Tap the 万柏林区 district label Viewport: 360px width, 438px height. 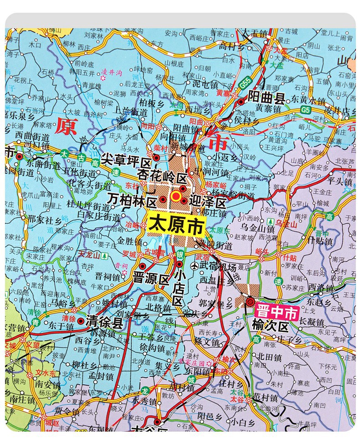point(132,198)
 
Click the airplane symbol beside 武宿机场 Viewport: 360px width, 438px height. point(195,265)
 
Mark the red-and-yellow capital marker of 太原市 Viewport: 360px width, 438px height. point(176,197)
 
